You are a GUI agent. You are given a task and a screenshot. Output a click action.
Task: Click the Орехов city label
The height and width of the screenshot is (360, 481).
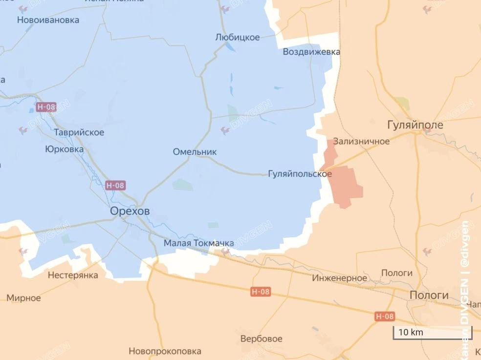coord(130,211)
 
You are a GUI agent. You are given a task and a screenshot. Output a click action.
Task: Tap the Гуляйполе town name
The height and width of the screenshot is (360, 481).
coord(415,125)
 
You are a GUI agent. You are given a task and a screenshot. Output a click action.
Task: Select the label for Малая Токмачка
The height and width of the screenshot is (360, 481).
coord(198,243)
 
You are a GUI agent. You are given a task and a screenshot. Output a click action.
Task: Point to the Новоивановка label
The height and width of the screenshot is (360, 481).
coord(48,20)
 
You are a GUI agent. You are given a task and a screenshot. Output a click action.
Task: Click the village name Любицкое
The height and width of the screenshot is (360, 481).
coord(238,38)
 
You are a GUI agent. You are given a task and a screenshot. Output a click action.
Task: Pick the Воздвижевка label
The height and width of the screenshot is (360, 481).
coord(311,52)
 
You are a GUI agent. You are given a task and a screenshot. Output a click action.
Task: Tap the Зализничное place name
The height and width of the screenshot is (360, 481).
coord(361,142)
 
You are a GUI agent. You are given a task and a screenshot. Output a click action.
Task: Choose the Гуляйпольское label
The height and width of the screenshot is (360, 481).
coord(300,174)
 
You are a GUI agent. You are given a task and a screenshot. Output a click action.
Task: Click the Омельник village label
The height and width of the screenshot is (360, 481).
coord(195,152)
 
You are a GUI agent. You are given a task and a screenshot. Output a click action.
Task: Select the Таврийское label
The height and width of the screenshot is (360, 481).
coord(79,132)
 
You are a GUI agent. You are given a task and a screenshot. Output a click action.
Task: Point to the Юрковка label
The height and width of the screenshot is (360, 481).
coord(64,149)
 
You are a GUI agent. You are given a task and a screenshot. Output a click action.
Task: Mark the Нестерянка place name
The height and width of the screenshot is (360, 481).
coord(73,275)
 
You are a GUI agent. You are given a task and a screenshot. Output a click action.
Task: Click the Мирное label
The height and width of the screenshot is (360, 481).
coord(23,298)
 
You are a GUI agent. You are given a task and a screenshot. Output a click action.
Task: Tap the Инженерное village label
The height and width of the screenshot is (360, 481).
coord(340,278)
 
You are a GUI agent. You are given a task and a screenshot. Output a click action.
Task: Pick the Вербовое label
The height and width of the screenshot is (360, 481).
coord(261,339)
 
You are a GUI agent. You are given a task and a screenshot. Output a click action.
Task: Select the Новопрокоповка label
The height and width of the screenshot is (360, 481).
coord(165,351)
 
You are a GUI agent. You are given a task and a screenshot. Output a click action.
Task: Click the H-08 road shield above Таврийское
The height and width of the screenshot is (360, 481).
coord(45,107)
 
